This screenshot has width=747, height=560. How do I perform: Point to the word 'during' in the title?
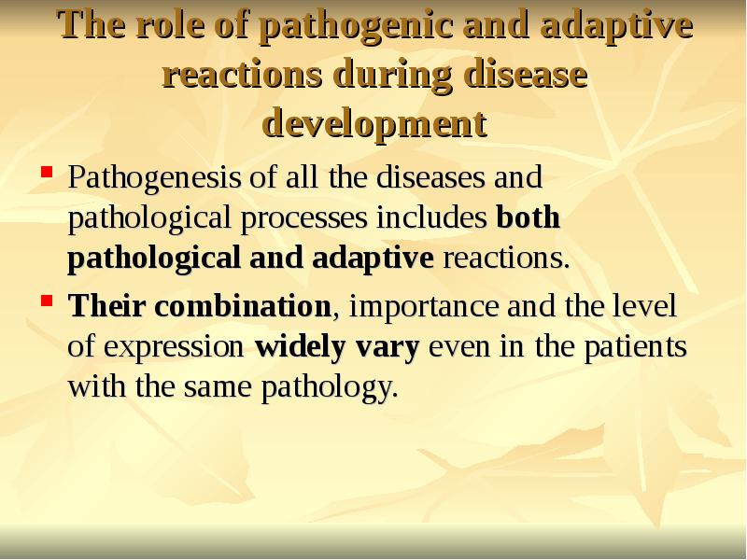coord(388,75)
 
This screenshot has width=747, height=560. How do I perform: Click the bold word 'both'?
coord(528,217)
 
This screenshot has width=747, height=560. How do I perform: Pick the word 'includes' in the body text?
coord(432,217)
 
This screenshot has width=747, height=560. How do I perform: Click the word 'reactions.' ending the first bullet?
coord(505,259)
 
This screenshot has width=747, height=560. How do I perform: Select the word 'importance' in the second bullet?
coord(414,307)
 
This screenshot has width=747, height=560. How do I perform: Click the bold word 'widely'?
coord(297,347)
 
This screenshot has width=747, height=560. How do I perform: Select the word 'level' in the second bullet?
coord(650,305)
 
